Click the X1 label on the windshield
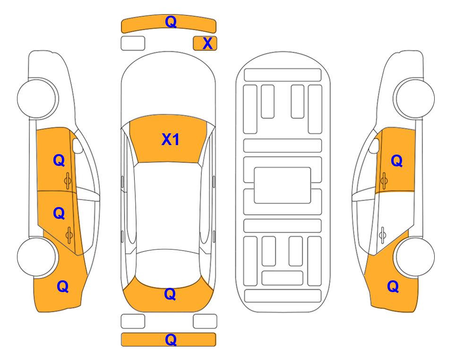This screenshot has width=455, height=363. click(171, 139)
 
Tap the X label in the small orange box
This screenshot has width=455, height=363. click(207, 43)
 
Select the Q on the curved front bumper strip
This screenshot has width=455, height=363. click(171, 21)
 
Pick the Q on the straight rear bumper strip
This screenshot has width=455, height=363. click(171, 339)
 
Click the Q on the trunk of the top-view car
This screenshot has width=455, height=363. click(170, 294)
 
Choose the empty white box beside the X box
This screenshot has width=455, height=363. click(133, 43)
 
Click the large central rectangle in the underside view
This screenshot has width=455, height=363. click(283, 185)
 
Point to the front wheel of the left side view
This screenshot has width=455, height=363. click(37, 98)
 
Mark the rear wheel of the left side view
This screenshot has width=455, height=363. click(36, 257)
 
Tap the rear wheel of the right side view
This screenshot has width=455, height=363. click(415, 257)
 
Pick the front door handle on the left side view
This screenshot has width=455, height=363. click(68, 181)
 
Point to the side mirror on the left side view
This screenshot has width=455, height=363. click(77, 146)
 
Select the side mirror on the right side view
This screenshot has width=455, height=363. click(374, 146)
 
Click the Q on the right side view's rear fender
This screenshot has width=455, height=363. click(393, 286)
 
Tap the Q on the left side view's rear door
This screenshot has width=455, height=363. click(59, 214)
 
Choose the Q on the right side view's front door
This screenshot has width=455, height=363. click(397, 161)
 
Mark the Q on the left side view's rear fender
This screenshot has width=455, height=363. click(63, 286)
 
